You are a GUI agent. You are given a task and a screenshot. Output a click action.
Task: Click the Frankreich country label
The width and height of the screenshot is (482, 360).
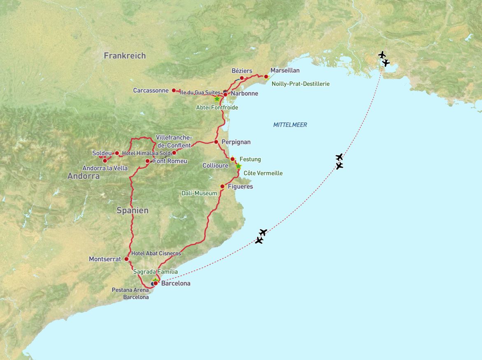coord(125,56)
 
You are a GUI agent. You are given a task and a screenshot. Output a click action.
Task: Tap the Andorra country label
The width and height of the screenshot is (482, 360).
coord(84,176)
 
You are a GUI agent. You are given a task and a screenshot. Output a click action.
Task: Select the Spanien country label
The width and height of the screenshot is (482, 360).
coord(133,210)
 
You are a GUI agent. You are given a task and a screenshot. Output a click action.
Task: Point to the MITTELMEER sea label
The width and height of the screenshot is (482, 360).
coord(290,125)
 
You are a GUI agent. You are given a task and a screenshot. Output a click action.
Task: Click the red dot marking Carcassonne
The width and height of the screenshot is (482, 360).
coord(174,90)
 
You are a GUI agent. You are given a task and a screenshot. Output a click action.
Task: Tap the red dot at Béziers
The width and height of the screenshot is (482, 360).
coord(242,78)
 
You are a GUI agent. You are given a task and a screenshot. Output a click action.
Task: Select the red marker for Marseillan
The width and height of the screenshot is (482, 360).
coord(266,77)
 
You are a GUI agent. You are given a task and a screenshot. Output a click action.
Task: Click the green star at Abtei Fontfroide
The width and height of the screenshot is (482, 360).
coord(217,99)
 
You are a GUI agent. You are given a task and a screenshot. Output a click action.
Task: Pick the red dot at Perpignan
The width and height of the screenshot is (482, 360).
coord(216,142)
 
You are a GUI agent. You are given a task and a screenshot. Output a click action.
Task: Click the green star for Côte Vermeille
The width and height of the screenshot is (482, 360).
coord(238,166)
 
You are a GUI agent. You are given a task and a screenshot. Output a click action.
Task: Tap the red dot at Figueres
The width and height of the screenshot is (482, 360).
coord(222,187)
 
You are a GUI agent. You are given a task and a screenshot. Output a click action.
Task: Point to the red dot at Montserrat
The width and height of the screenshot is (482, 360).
coord(126,259)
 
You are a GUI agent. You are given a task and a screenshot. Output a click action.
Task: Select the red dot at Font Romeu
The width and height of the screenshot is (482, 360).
coord(148,161)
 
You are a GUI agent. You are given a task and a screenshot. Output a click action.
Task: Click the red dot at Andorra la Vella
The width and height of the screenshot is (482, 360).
coord(105,160)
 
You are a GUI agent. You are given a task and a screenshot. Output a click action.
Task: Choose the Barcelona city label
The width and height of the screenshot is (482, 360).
coord(176,283)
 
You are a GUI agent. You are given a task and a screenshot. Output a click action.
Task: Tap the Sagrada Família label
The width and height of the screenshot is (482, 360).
coord(156,272)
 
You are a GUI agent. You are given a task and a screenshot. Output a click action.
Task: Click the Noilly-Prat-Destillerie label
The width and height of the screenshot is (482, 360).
coord(300,84)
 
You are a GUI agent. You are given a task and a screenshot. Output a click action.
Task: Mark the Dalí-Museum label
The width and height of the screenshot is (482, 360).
coord(199,193)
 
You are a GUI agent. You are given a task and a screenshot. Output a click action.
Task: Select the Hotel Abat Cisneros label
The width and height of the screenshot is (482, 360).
coord(156,254)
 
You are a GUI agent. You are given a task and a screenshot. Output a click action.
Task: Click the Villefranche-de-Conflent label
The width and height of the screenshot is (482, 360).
coord(173,141)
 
